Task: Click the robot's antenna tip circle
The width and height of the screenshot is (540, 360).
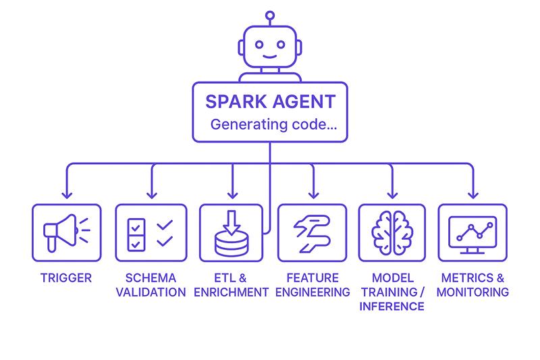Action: [x=270, y=16]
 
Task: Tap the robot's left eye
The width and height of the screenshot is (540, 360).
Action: [x=259, y=45]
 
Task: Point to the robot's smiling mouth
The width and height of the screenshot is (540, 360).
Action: [x=269, y=57]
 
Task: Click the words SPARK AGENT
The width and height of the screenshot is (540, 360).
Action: [x=271, y=101]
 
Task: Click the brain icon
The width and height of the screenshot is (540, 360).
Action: [x=392, y=233]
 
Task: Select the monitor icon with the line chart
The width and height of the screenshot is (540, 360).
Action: [x=473, y=234]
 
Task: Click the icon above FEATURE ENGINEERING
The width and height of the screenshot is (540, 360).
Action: [x=312, y=233]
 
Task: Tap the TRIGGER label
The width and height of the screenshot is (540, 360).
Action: [x=66, y=278]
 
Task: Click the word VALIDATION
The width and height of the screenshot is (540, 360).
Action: [x=151, y=292]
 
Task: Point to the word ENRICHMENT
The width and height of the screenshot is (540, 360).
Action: [x=231, y=292]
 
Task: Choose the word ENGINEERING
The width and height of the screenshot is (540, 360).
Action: [x=313, y=292]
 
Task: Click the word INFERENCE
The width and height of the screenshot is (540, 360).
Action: [x=392, y=306]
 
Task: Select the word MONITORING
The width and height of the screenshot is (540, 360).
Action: [x=473, y=292]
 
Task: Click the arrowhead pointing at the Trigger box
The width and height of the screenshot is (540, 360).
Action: [x=67, y=195]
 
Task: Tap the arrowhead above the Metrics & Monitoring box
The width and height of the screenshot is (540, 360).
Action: [x=473, y=195]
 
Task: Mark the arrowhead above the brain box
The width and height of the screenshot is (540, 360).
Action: [x=392, y=195]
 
